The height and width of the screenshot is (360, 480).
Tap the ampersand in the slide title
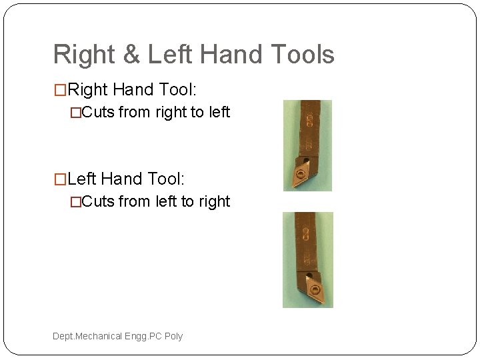[x=133, y=55]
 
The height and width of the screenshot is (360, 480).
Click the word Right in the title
[x=85, y=55]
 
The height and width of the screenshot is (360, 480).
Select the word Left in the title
[x=170, y=55]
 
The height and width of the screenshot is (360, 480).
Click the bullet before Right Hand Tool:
[x=60, y=89]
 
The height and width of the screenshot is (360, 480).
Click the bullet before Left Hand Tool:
[x=60, y=179]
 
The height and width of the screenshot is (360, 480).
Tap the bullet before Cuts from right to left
[x=76, y=113]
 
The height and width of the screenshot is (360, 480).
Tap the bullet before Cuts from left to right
[x=76, y=201]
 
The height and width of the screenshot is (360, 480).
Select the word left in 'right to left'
[x=219, y=112]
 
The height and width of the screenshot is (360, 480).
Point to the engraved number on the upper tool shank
[x=310, y=120]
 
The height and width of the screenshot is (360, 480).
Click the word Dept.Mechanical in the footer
[x=87, y=336]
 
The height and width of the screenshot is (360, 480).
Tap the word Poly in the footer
[x=173, y=336]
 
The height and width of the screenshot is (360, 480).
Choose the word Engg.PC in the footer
[x=143, y=336]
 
